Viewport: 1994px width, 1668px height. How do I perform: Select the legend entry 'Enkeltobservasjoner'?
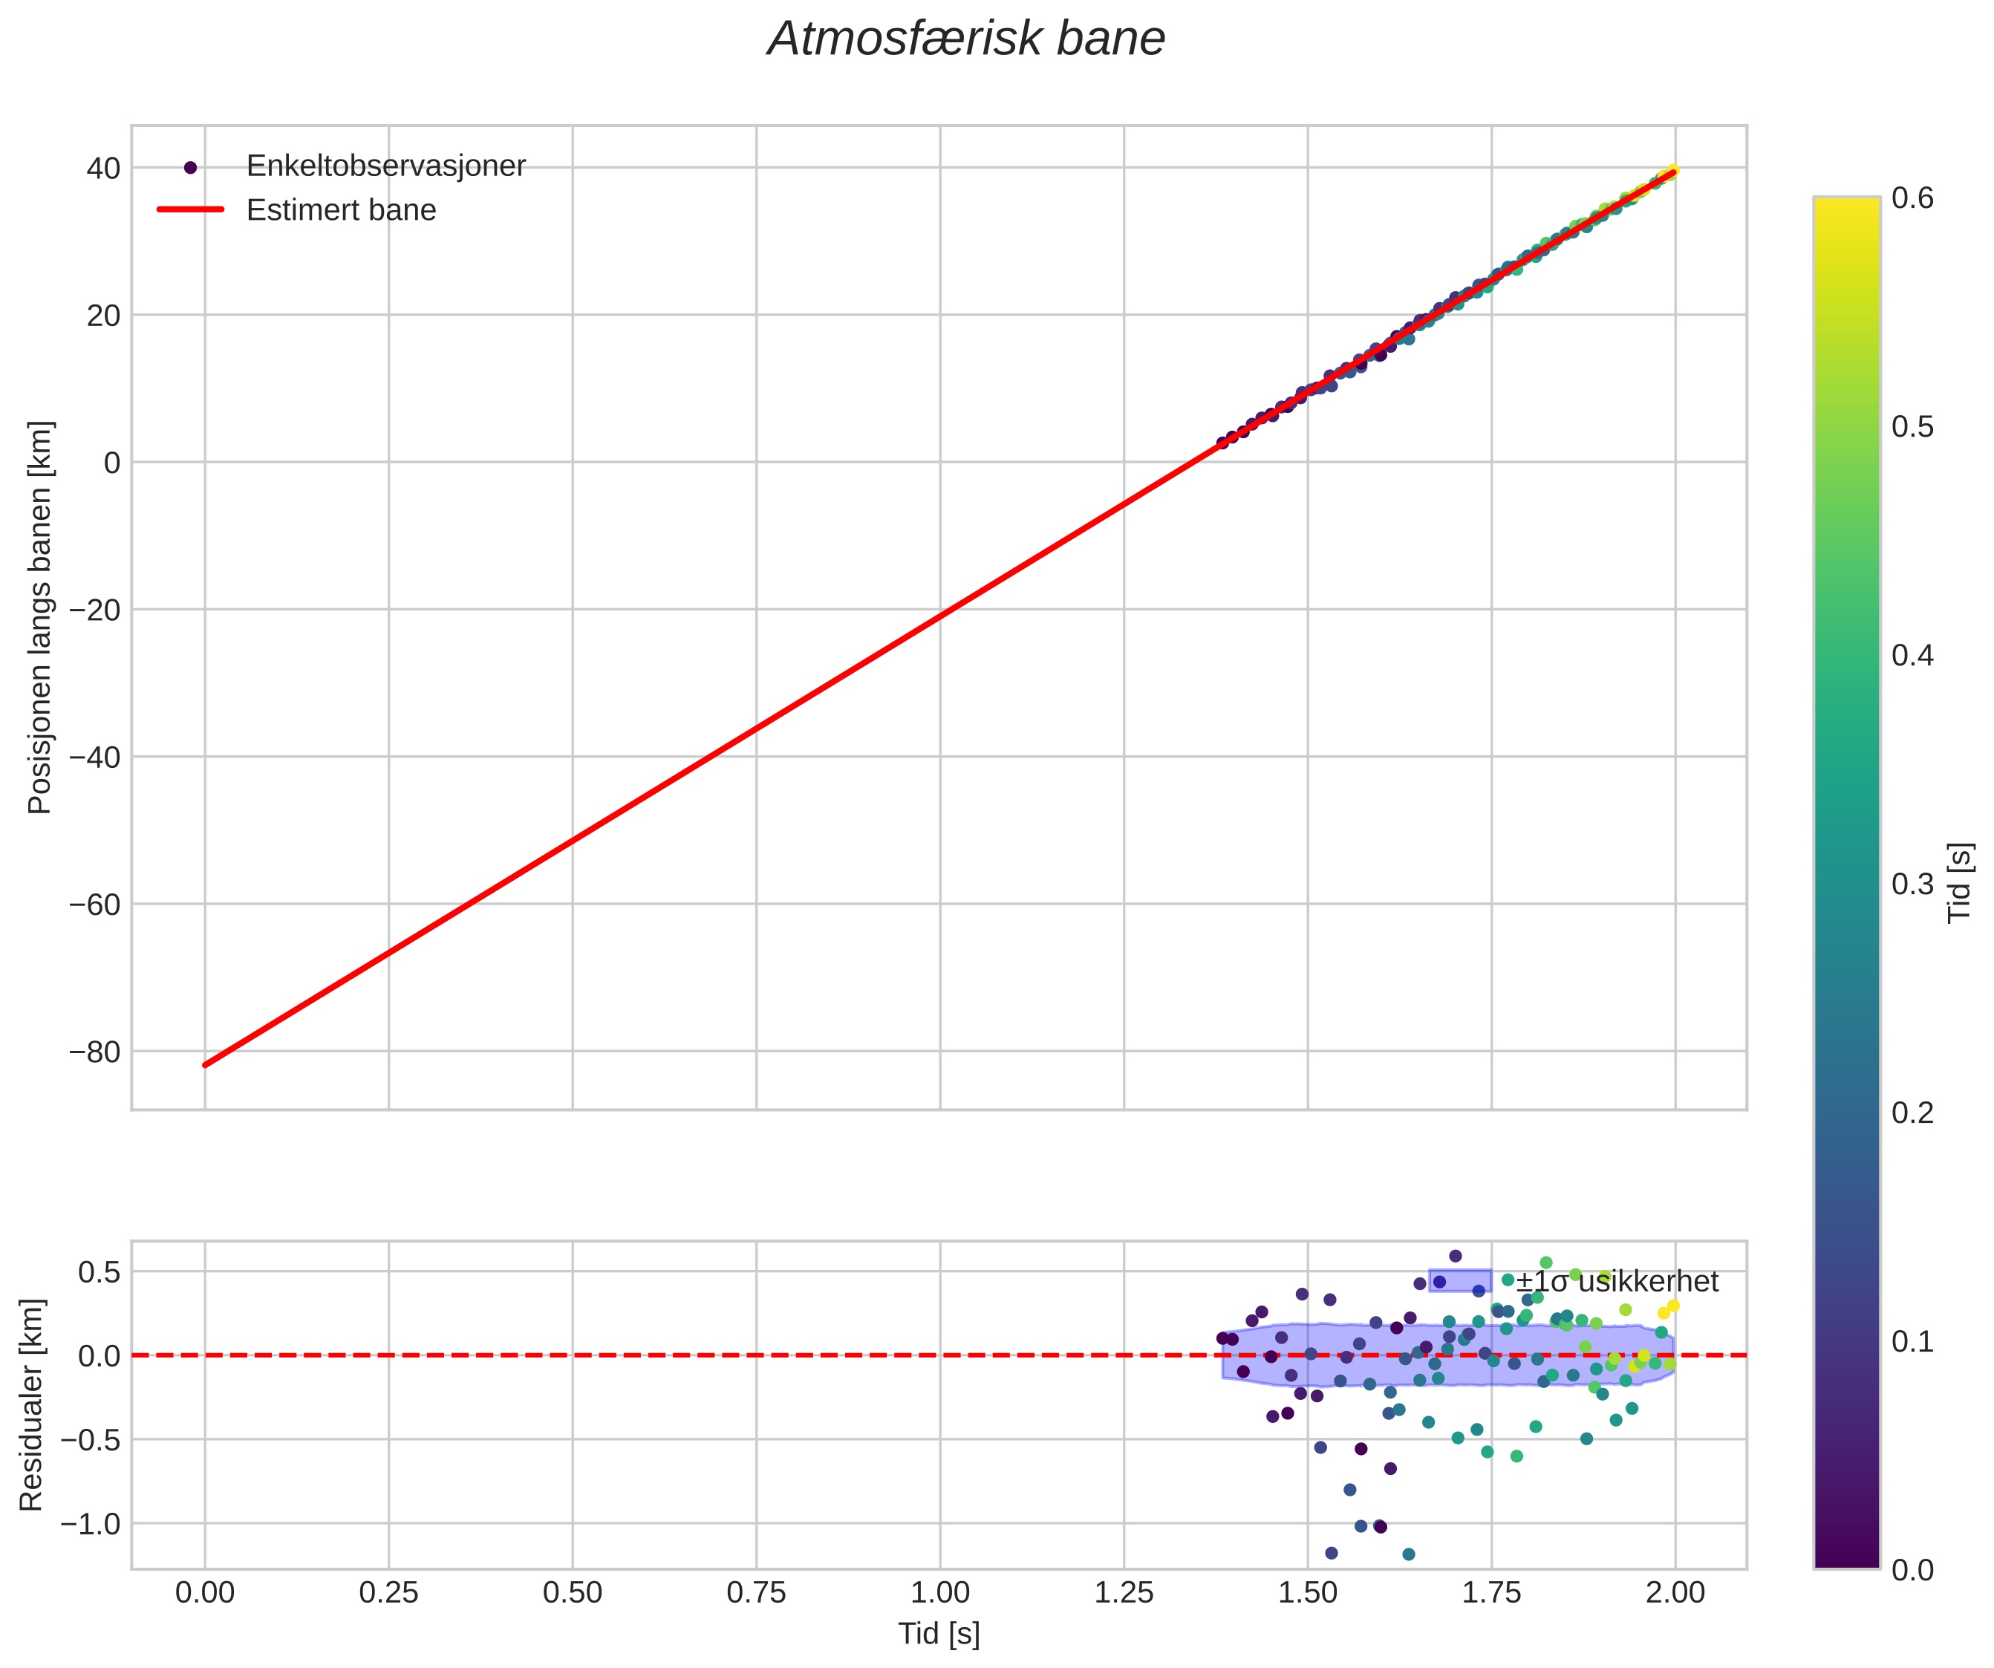385,166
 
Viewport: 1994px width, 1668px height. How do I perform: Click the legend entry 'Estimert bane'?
341,210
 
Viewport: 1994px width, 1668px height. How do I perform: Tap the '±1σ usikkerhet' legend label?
1617,1282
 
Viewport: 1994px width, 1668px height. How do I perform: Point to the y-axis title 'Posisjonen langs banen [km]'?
40,617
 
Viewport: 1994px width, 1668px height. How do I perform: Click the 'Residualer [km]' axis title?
31,1404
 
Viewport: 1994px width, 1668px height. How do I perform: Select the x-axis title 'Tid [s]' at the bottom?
939,1634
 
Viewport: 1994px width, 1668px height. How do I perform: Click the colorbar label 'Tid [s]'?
1960,883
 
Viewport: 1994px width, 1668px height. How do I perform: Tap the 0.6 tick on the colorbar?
1912,198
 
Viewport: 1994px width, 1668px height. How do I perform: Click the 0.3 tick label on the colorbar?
1912,884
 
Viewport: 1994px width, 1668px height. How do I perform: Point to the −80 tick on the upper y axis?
94,1052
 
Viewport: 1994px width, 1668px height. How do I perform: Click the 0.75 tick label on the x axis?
756,1592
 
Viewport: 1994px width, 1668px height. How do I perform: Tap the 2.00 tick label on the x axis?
1675,1592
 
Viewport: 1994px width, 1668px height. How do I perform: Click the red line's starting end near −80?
206,1064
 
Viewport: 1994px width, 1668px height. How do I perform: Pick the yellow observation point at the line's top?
1673,171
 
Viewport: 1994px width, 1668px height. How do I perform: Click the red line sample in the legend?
190,210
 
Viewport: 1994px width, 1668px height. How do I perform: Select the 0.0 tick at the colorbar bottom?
1912,1569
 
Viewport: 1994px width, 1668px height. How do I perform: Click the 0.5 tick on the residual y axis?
100,1271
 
